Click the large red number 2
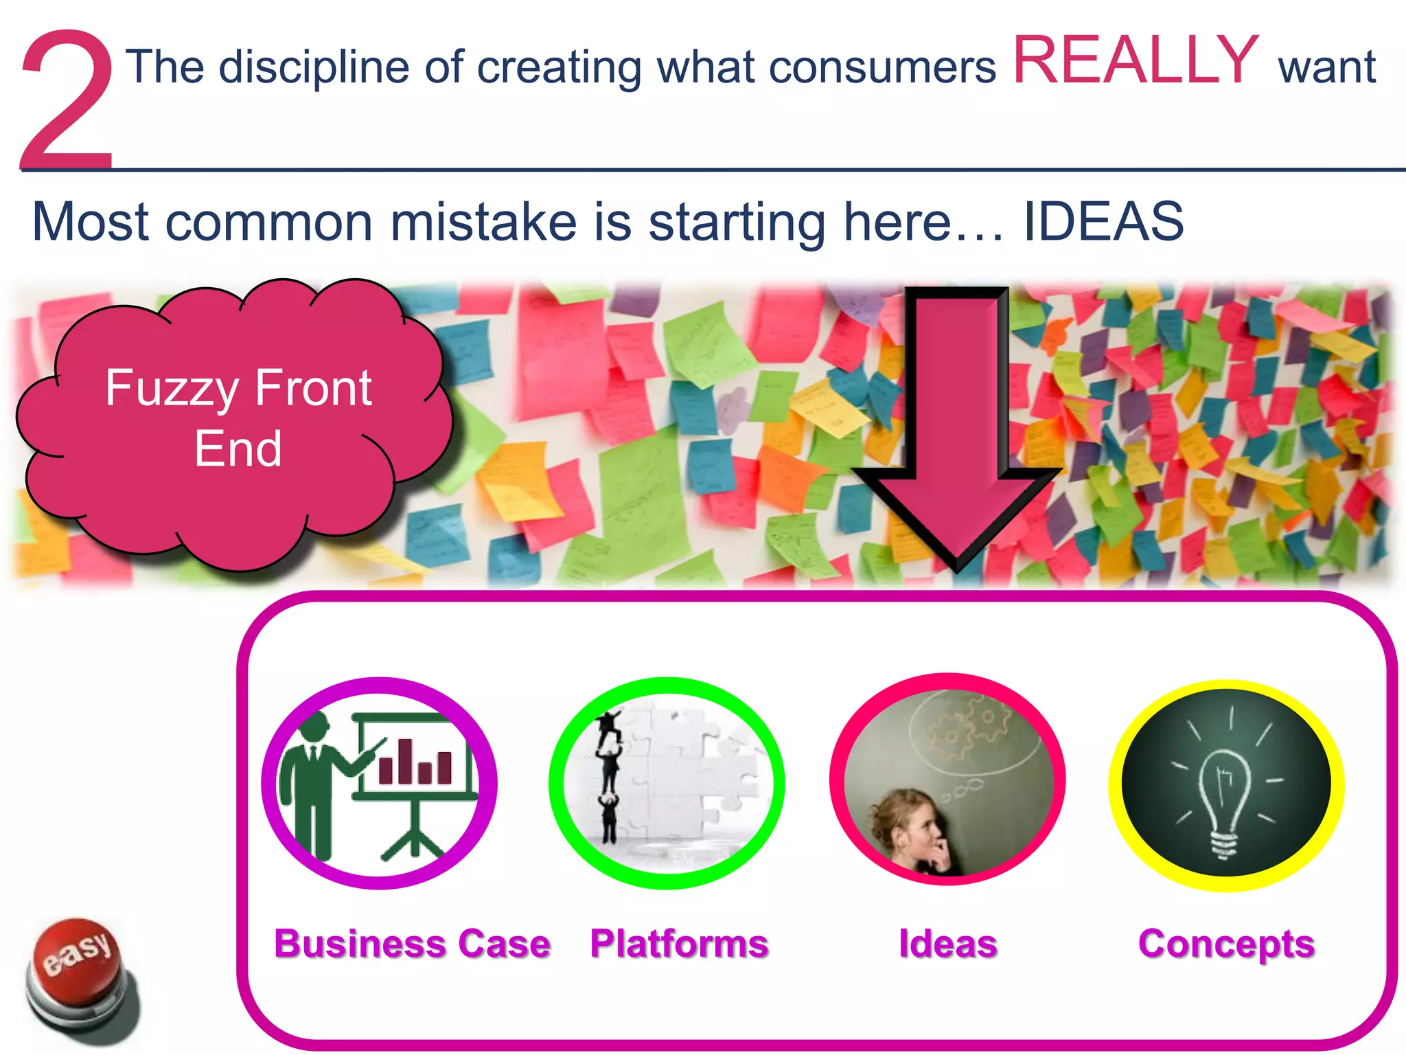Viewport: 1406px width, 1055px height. point(67,100)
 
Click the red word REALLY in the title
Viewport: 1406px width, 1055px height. point(1135,62)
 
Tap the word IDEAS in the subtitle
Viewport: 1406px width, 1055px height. point(1103,222)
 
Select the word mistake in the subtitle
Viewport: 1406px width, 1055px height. point(483,222)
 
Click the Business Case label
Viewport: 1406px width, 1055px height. point(412,944)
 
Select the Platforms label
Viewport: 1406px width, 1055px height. point(679,944)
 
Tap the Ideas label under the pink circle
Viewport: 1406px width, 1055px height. point(947,944)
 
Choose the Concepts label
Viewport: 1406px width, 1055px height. point(1226,944)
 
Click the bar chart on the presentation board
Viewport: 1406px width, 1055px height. point(415,761)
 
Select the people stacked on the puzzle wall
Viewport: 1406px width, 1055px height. point(609,776)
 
